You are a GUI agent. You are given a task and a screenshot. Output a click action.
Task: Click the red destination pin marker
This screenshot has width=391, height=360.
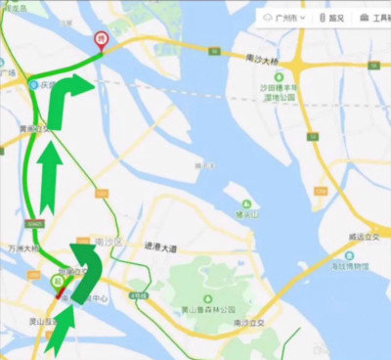[x=99, y=39]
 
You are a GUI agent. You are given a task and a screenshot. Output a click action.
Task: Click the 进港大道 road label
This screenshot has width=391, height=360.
[x=160, y=249]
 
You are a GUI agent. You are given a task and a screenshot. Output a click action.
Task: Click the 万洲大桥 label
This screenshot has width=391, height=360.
[x=20, y=249]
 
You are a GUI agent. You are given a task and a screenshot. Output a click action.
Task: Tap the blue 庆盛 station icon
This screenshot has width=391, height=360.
[x=36, y=84]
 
